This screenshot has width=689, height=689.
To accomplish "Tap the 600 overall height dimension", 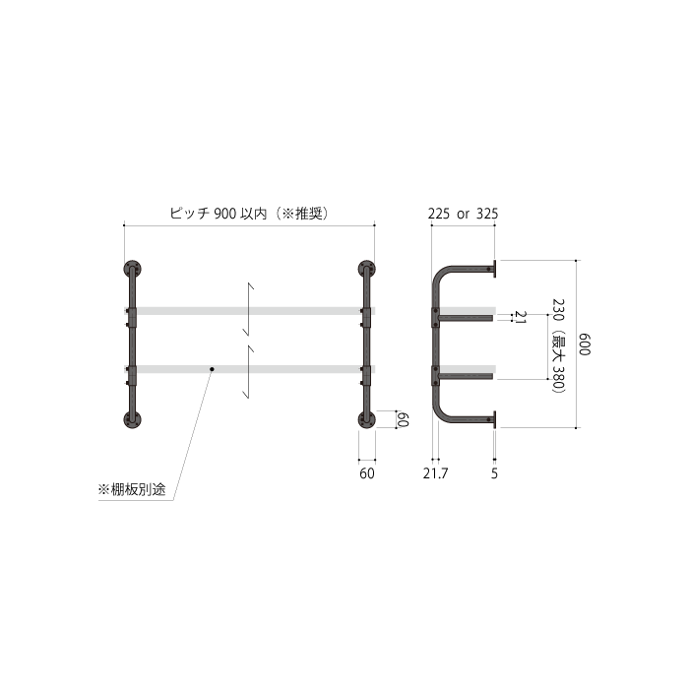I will [584, 345].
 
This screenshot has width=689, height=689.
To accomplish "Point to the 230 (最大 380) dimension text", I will [558, 345].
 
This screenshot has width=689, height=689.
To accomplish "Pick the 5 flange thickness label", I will [494, 473].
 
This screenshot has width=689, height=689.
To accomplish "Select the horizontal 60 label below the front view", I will [366, 473].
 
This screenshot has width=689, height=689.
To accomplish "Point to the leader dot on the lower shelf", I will [212, 369].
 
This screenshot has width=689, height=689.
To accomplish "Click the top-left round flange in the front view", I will [132, 270].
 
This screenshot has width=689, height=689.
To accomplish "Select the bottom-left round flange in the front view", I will [132, 420].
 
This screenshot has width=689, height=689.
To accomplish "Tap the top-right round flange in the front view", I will [367, 270].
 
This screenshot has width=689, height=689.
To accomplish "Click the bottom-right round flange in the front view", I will [367, 420].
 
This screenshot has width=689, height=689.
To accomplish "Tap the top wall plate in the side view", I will [494, 266].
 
